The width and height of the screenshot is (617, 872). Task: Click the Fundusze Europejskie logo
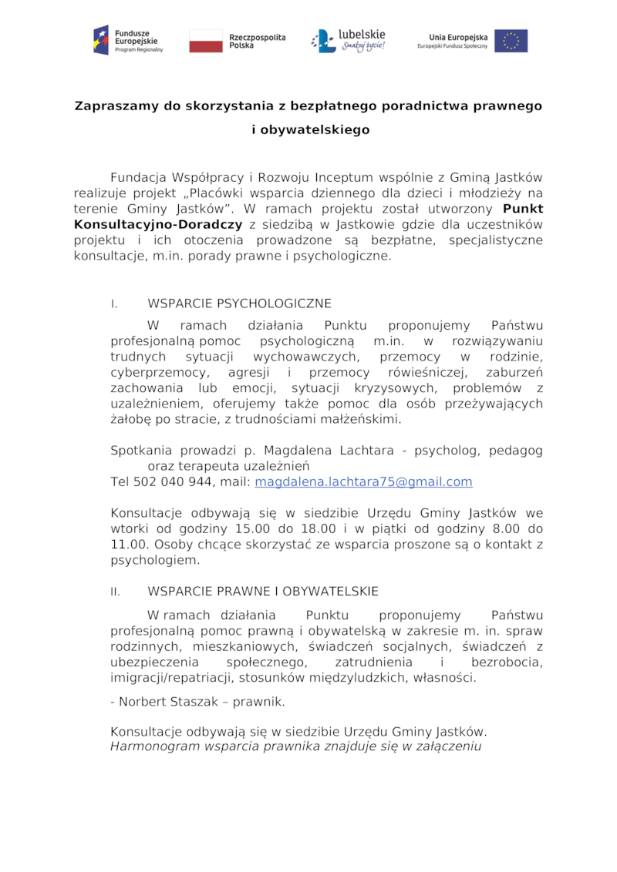tap(128, 40)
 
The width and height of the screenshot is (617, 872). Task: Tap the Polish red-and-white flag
tap(205, 41)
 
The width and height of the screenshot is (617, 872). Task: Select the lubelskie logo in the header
tap(348, 40)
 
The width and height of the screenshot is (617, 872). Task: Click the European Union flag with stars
tap(511, 41)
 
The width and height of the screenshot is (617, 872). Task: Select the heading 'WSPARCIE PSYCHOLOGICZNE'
tap(239, 304)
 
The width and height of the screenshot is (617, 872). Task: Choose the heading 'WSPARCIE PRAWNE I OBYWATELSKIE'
tap(262, 592)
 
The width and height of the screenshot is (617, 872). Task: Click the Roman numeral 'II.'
tap(116, 592)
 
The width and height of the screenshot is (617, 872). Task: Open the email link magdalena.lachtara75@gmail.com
tap(363, 482)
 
